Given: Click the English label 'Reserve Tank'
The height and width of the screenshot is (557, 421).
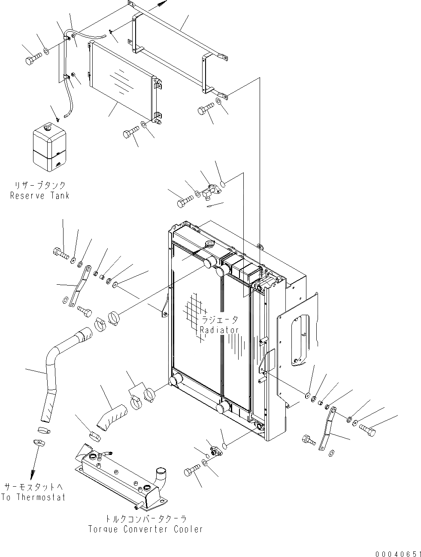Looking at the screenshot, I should tap(39, 196).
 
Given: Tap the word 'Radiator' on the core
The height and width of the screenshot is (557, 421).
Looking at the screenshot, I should tap(218, 330).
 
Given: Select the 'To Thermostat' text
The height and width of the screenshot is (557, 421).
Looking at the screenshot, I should tap(33, 497).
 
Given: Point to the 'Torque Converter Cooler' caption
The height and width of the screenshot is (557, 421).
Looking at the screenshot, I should tap(145, 529).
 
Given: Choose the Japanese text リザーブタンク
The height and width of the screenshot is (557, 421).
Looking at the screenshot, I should tap(39, 186).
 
